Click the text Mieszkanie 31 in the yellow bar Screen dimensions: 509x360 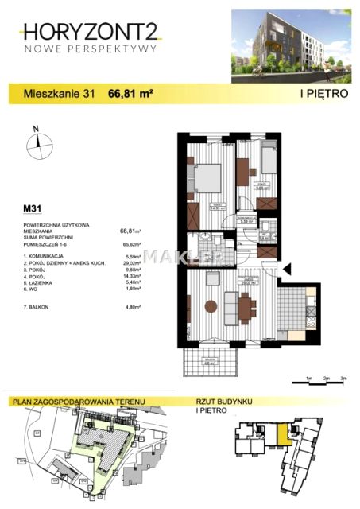(60, 93)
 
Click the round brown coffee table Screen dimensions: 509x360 (210, 305)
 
